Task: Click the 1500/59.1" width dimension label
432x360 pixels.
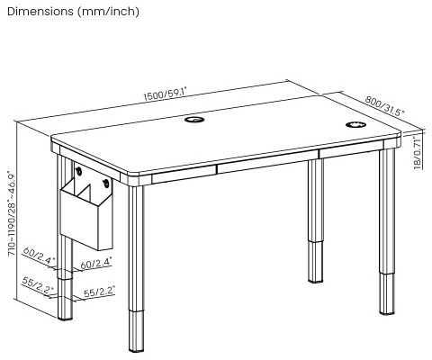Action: coord(172,93)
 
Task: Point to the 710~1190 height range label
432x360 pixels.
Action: coord(12,214)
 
